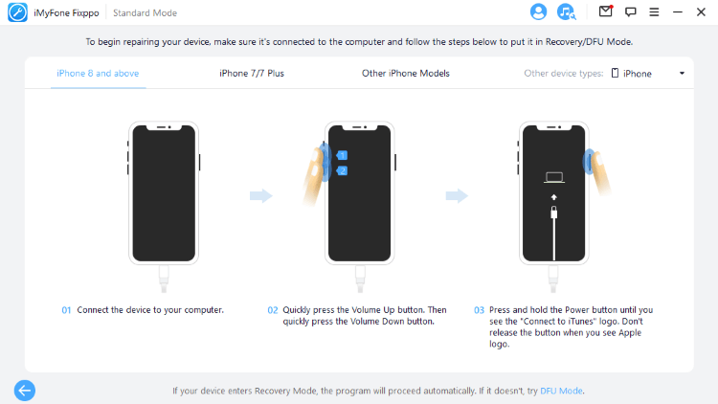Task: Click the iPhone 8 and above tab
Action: [98, 74]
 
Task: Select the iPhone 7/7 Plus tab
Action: [252, 74]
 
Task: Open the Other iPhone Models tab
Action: [406, 74]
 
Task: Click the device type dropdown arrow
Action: [682, 74]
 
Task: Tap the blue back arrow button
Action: [25, 391]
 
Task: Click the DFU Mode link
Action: [561, 391]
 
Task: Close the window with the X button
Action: [701, 11]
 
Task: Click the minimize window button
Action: [678, 11]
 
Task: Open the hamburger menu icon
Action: [654, 11]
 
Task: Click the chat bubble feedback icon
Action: [631, 11]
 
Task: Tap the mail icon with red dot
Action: [606, 11]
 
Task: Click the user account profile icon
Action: [538, 11]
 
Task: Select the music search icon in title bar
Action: [566, 11]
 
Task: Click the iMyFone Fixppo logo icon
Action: [17, 12]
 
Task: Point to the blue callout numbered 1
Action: [342, 155]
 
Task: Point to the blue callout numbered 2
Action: [342, 170]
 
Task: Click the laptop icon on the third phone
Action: [554, 178]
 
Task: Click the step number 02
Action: [273, 310]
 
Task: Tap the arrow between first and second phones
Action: [261, 196]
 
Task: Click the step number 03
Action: [479, 310]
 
